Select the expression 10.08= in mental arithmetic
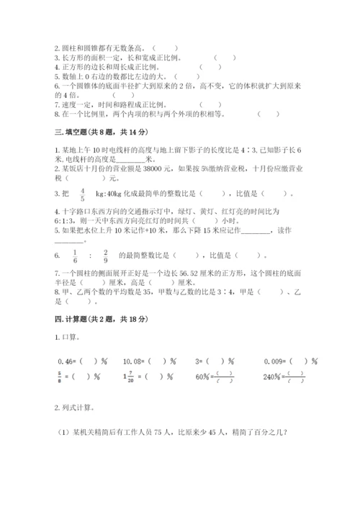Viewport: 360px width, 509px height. pos(134,360)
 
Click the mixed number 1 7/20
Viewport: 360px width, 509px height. pos(129,374)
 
